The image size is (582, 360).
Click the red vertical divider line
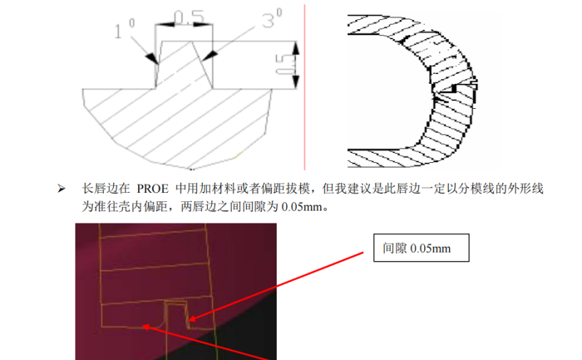click(x=305, y=85)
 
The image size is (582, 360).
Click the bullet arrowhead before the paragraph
click(x=61, y=189)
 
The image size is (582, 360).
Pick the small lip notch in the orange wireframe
click(x=176, y=314)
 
